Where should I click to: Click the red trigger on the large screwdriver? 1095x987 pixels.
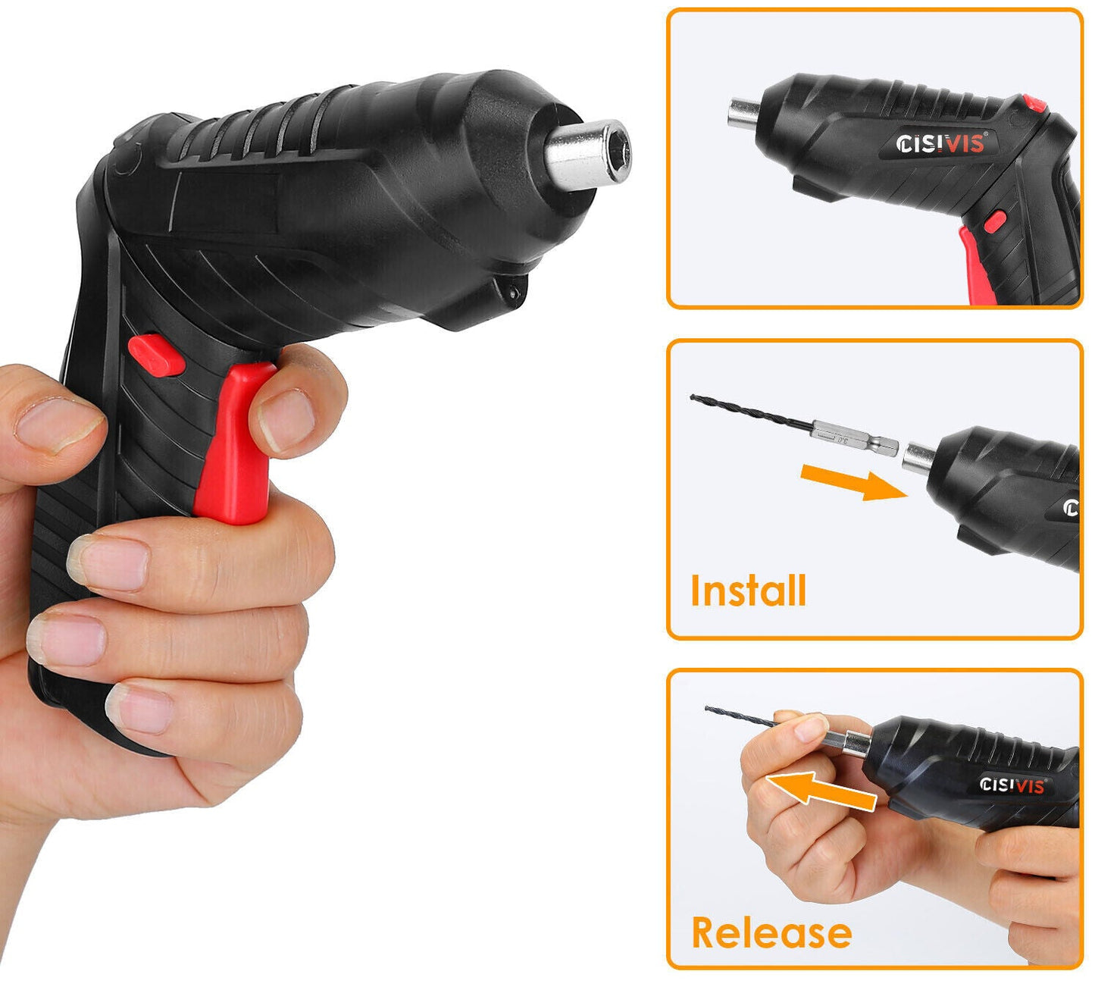(235, 447)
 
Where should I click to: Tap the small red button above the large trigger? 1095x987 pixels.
(156, 353)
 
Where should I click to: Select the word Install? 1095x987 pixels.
(748, 591)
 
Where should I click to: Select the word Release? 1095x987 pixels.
(771, 932)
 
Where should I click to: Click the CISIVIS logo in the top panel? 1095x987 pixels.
(940, 143)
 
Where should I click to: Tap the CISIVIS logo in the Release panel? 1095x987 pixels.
(1012, 785)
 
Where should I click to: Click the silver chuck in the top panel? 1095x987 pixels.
(743, 114)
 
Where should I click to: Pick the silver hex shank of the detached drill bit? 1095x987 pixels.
(854, 439)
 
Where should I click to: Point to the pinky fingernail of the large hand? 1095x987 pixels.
(140, 709)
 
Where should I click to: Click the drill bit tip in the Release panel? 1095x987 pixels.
(709, 709)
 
